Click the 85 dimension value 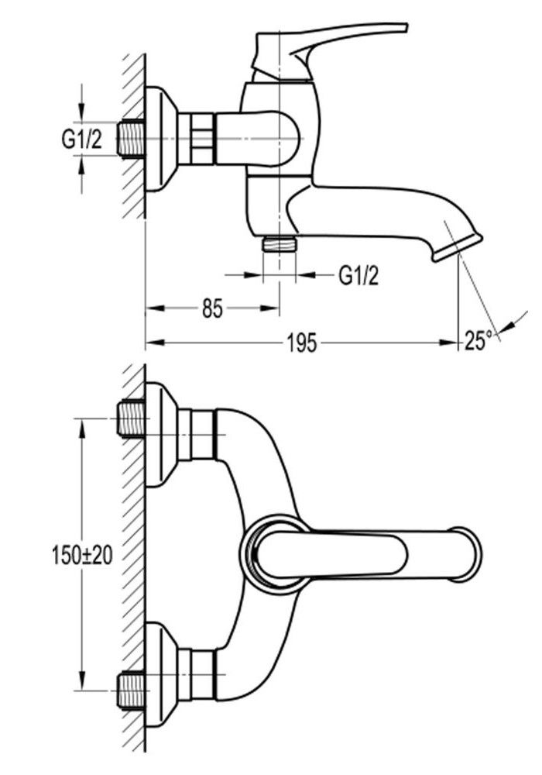213,309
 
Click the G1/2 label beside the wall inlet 81,140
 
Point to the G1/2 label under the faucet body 358,274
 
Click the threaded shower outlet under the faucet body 280,244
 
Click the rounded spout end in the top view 466,553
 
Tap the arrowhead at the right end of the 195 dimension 452,341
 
